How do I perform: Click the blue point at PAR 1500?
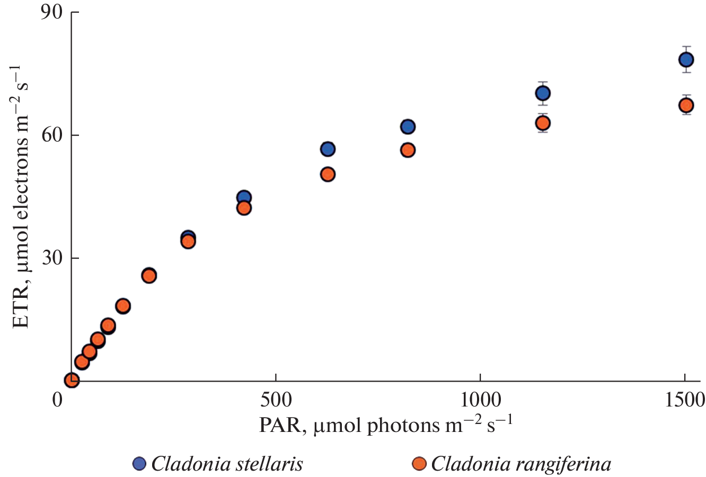click(686, 59)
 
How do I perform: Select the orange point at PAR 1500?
click(686, 105)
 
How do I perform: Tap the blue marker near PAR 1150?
click(543, 93)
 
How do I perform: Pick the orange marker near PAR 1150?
click(543, 123)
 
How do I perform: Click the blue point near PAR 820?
click(408, 127)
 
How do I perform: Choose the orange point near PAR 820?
click(408, 150)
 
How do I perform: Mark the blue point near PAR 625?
click(328, 149)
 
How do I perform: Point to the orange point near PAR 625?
click(328, 174)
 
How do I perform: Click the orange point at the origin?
click(72, 380)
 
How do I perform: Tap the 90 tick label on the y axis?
click(52, 13)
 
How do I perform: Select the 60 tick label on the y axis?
click(52, 135)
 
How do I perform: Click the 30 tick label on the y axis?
click(52, 258)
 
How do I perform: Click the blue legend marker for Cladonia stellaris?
click(139, 464)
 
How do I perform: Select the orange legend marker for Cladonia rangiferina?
click(419, 464)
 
